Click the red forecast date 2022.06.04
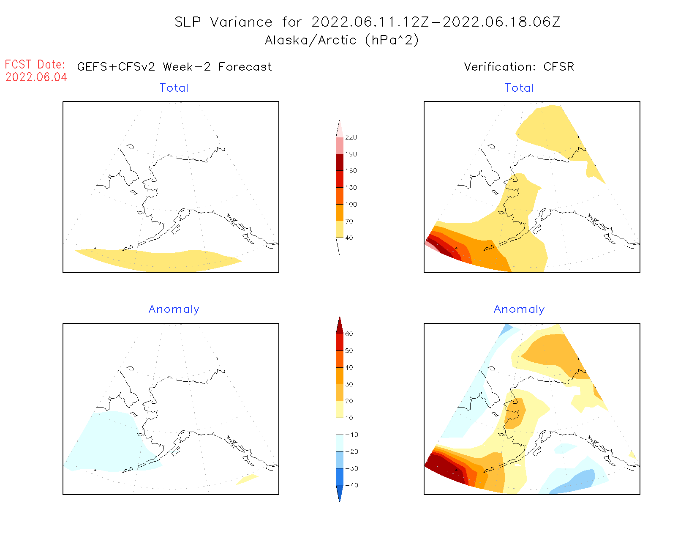pyautogui.click(x=36, y=77)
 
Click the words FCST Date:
pyautogui.click(x=35, y=65)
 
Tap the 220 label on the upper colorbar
pyautogui.click(x=351, y=137)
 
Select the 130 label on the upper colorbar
pyautogui.click(x=351, y=188)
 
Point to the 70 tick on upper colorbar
pyautogui.click(x=349, y=221)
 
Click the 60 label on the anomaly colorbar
pyautogui.click(x=349, y=334)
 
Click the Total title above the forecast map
pyautogui.click(x=174, y=88)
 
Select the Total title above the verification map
pyautogui.click(x=519, y=88)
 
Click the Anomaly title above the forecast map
pyautogui.click(x=174, y=309)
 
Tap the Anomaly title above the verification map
pyautogui.click(x=519, y=309)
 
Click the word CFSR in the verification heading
pyautogui.click(x=558, y=67)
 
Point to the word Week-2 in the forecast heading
pyautogui.click(x=187, y=67)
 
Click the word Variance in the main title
pyautogui.click(x=241, y=22)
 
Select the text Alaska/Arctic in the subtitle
pyautogui.click(x=310, y=40)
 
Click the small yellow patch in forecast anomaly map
pyautogui.click(x=248, y=479)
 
